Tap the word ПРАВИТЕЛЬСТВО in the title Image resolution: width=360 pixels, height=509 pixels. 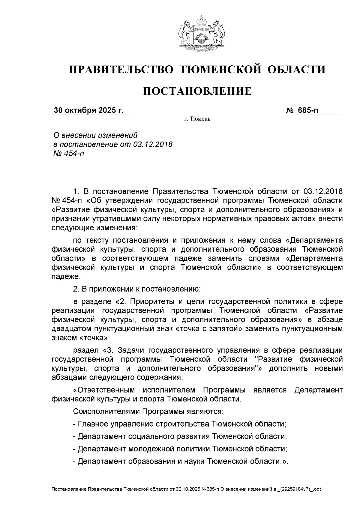pyautogui.click(x=121, y=70)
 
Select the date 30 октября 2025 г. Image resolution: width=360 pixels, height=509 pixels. pyautogui.click(x=88, y=110)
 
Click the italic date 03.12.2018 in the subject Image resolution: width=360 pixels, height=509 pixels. pyautogui.click(x=151, y=144)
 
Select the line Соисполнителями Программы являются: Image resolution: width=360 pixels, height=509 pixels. pyautogui.click(x=148, y=411)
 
